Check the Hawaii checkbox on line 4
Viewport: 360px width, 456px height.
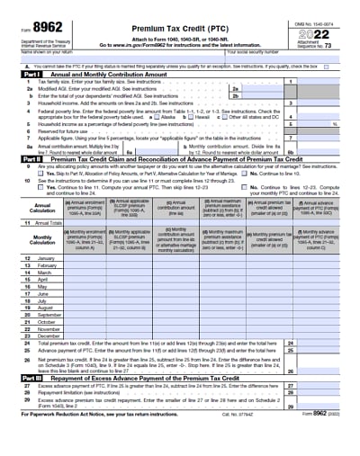click(191, 116)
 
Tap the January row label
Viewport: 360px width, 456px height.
click(46, 258)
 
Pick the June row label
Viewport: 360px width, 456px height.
click(43, 293)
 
